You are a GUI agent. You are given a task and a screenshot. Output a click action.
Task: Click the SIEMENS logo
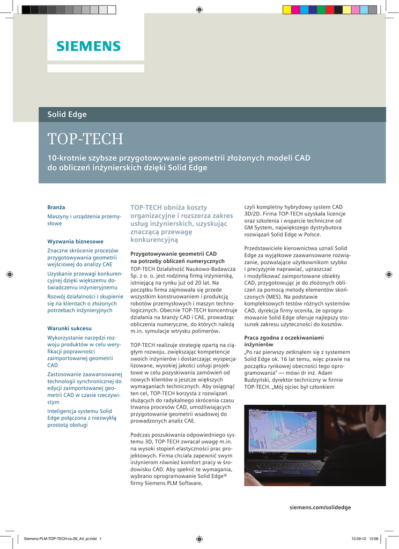(x=88, y=46)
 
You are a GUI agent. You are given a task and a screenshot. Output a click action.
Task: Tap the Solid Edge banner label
(x=67, y=114)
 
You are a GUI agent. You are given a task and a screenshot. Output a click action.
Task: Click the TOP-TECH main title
(x=85, y=139)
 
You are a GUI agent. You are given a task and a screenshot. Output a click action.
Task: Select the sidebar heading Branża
(x=56, y=207)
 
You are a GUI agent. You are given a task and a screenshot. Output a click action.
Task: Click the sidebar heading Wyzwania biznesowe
(x=75, y=241)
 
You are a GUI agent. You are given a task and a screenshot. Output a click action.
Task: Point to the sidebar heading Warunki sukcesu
(x=70, y=328)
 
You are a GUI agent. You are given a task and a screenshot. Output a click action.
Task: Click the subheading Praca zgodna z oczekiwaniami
(x=284, y=337)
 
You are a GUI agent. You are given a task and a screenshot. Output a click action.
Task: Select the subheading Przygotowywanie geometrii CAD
(x=174, y=254)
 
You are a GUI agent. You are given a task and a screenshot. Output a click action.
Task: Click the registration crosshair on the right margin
(x=389, y=274)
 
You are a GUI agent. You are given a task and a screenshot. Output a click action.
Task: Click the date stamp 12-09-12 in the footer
(x=358, y=539)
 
